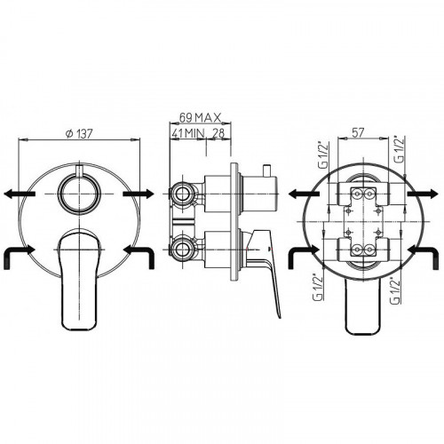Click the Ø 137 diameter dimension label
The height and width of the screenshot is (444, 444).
click(79, 134)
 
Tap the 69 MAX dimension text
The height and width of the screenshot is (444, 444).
click(200, 118)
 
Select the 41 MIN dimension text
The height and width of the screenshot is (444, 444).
click(188, 133)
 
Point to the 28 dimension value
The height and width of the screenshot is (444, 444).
click(218, 133)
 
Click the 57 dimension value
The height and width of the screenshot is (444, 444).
click(358, 132)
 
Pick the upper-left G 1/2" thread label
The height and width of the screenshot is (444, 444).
click(325, 155)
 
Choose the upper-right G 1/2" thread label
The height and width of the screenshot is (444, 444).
click(400, 149)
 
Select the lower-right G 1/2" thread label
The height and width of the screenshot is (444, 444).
click(395, 290)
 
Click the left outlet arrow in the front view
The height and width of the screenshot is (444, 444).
click(20, 194)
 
